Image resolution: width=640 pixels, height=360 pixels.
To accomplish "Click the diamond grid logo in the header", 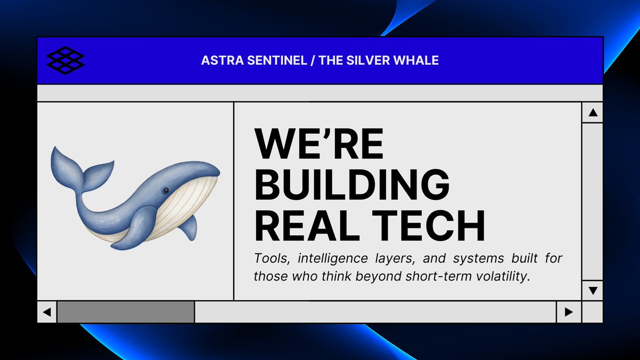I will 66,60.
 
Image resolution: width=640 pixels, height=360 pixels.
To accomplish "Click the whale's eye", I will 166,190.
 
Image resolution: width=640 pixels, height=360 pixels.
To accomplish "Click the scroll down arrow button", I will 592,290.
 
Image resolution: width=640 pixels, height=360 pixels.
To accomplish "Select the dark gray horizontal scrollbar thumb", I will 126,312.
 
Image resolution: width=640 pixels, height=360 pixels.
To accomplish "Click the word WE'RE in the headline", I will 319,144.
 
